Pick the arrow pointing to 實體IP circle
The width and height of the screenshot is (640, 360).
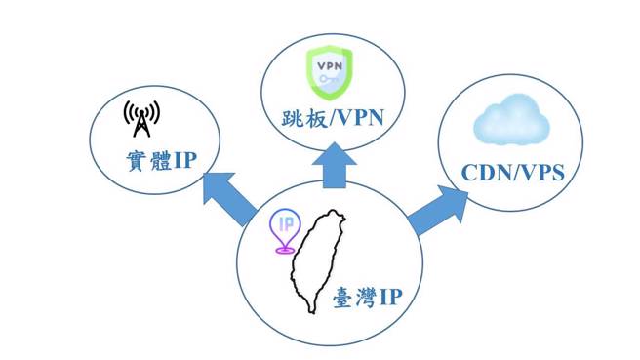tap(225, 193)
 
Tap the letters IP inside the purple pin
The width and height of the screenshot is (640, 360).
tap(286, 223)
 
